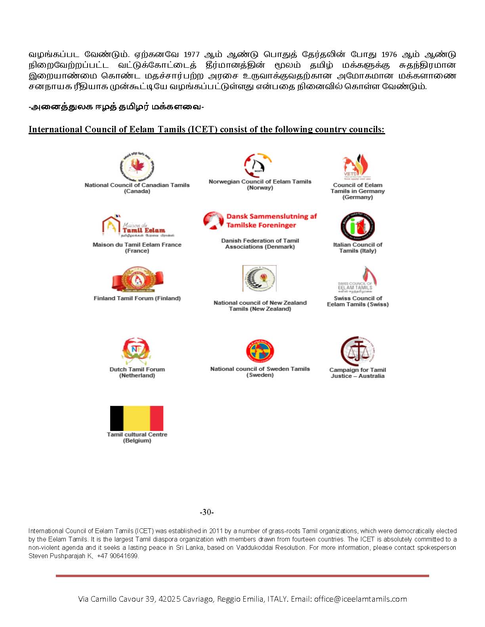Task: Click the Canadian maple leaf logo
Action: pos(137,166)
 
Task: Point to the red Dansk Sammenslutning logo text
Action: pos(271,221)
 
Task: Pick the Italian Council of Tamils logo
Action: pos(357,226)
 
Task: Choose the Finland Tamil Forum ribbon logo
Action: pos(137,279)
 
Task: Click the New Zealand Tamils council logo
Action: pos(260,278)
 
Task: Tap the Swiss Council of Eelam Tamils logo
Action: pos(358,280)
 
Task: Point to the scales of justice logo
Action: pos(357,351)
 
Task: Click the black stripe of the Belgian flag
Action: pos(116,418)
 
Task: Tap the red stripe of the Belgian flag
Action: pos(157,418)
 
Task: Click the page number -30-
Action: pos(206,512)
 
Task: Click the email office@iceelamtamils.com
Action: pos(361,599)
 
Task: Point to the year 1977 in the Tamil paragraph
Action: pos(191,55)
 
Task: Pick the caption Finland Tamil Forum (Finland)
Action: pos(137,298)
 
